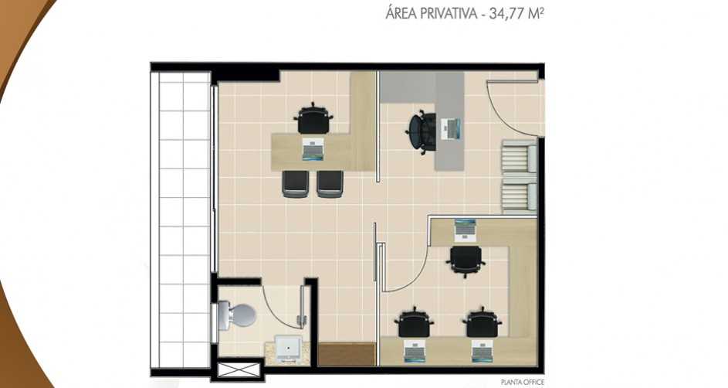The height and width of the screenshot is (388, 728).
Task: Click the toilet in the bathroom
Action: pos(237,315)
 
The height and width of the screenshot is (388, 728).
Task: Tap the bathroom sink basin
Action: pos(289,348)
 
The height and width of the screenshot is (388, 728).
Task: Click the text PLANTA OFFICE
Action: pos(523,383)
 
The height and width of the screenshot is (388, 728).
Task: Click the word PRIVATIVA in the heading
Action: pos(448,13)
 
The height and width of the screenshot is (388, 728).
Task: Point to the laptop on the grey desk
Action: pos(450,129)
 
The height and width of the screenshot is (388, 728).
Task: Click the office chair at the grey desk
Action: pos(422,132)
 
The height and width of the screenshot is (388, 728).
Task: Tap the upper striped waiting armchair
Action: pos(519,157)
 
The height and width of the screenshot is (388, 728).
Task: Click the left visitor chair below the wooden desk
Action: pos(295,184)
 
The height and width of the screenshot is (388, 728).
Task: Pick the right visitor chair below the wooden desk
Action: pos(330,184)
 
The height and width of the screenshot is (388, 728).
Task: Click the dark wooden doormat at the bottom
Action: pos(347,355)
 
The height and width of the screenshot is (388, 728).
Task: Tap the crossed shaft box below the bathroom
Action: pos(239,370)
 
